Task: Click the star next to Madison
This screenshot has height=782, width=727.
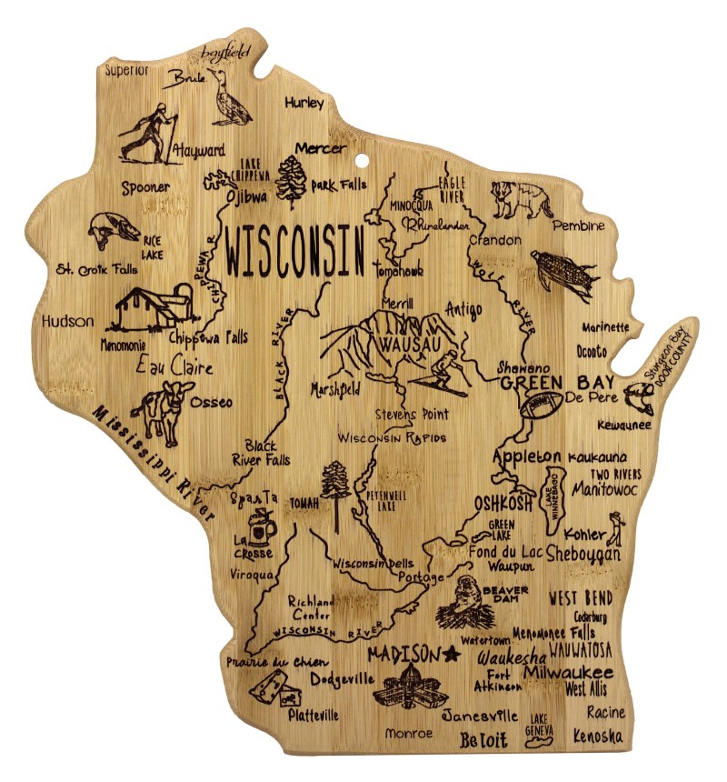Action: [452, 654]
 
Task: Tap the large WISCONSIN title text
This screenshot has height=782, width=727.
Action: [295, 251]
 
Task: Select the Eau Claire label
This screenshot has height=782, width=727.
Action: [174, 366]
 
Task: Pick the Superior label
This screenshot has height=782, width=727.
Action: [126, 69]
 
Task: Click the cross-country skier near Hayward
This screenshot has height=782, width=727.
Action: [148, 135]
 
